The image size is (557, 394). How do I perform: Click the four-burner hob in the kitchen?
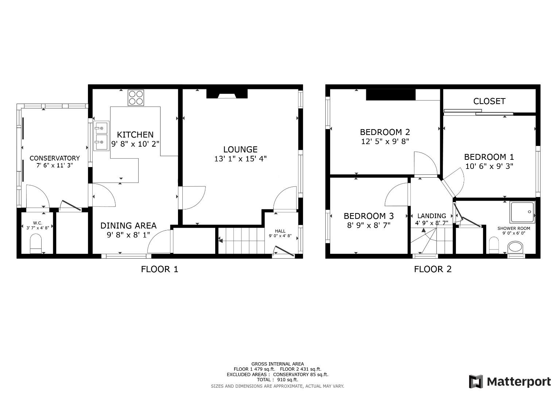136,97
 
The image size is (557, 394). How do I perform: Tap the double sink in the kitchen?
101,136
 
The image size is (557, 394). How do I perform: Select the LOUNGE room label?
240,149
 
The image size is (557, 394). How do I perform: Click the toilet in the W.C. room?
36,244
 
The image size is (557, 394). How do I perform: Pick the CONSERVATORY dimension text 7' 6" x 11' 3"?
54,165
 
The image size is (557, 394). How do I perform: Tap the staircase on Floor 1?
241,240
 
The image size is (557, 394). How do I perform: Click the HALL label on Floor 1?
280,231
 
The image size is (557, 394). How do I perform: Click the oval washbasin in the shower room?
515,247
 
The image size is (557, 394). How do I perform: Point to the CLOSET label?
489,101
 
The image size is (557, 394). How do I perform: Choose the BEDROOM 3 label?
368,216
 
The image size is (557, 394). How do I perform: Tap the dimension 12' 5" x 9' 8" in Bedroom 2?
385,141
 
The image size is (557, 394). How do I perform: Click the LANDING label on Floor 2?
432,216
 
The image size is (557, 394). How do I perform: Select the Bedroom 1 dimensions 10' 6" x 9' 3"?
489,166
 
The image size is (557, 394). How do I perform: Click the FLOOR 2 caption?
433,269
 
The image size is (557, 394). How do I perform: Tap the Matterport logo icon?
476,382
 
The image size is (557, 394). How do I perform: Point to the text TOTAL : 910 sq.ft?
277,380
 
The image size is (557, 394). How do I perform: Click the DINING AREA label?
128,226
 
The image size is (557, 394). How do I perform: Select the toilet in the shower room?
494,245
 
